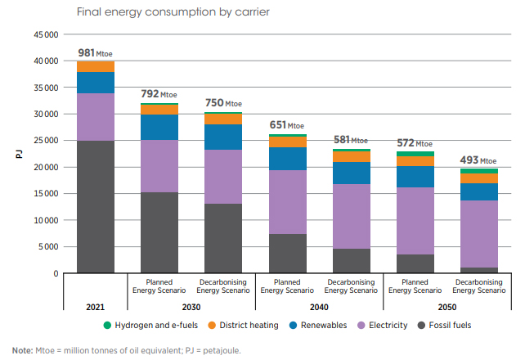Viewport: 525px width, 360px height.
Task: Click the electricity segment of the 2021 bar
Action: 96,117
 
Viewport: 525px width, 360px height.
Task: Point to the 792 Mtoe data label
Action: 159,94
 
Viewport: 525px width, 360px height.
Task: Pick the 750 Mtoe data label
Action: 223,103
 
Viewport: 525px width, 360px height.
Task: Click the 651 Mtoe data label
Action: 286,125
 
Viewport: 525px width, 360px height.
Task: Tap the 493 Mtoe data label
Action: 478,160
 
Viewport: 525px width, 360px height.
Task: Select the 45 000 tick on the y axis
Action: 45,34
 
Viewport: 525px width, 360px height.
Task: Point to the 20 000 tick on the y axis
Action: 45,167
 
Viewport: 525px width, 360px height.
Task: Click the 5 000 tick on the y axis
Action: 47,247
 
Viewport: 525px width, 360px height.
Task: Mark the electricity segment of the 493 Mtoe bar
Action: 478,234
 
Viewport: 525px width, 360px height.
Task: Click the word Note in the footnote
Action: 23,350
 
